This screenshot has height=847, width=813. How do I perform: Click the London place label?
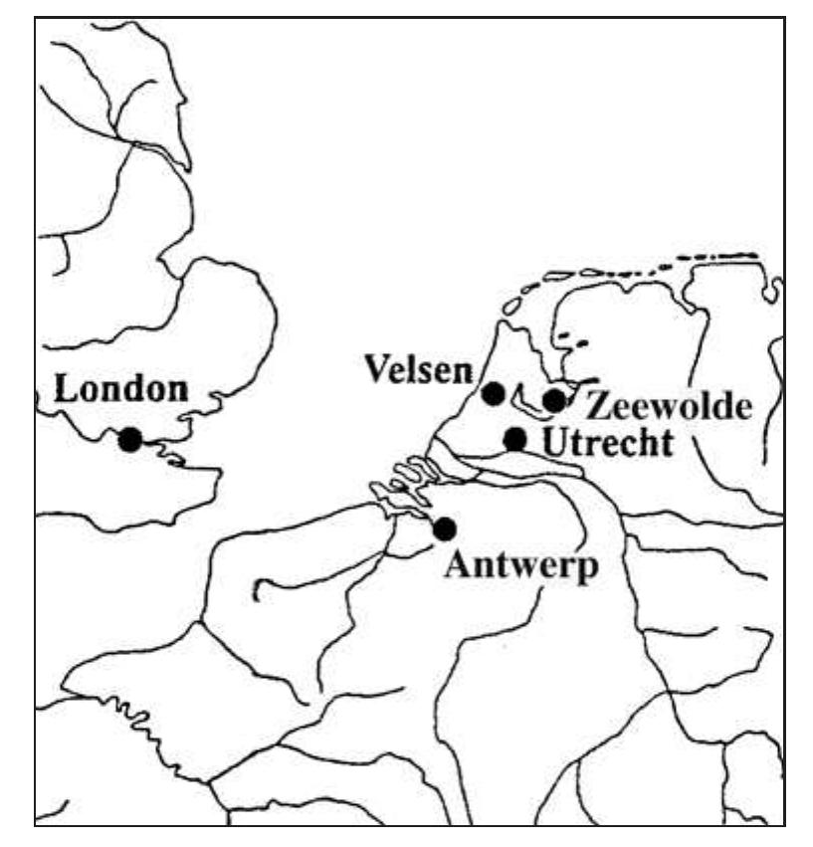120,389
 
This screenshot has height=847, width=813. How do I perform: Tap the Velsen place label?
417,369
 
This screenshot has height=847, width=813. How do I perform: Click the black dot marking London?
129,439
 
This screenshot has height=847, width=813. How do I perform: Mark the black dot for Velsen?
493,393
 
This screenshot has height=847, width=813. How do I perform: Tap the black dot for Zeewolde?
554,400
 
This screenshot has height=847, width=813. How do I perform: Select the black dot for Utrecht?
515,438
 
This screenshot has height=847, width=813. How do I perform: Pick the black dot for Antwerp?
445,529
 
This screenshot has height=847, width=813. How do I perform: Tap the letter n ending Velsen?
460,371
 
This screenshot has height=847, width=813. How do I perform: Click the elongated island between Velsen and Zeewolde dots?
521,402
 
